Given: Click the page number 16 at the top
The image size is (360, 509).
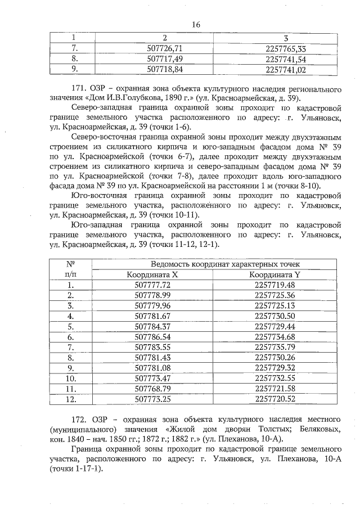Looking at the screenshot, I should coord(196,24).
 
